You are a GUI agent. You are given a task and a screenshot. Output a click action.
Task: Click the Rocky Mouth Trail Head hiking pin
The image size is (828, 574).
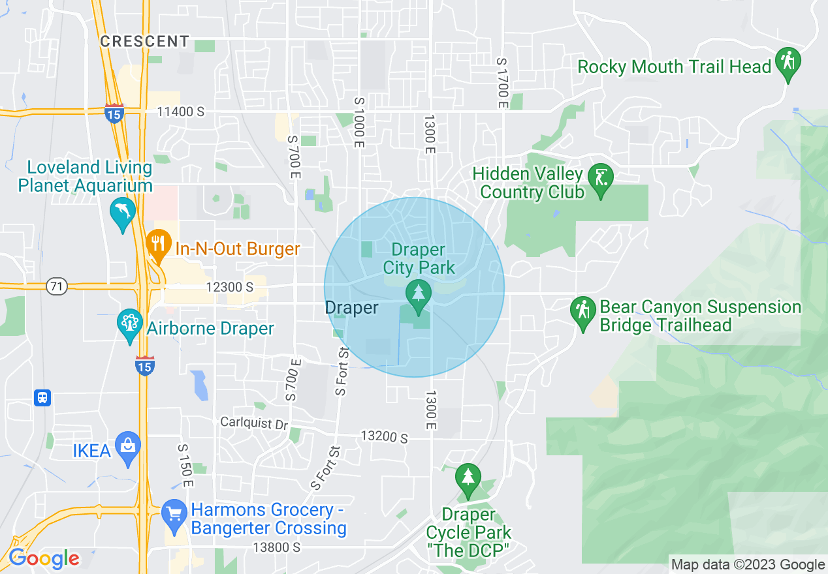pos(788,64)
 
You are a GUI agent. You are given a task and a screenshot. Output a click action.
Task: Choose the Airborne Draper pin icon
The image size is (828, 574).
pos(129,324)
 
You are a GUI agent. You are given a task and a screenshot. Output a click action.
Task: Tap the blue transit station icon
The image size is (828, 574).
pos(42,397)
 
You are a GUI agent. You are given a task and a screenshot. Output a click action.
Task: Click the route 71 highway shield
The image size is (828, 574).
pos(57,286)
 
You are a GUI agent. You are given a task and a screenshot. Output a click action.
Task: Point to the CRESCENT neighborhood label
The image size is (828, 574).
pos(145,41)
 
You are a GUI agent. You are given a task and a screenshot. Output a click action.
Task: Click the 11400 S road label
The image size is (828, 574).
pos(180,112)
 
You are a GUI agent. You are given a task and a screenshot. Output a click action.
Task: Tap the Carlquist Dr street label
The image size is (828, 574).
pos(253,423)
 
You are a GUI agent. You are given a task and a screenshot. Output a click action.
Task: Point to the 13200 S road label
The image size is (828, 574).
pos(385,436)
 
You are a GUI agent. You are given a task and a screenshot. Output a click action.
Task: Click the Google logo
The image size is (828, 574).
pos(44,559)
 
